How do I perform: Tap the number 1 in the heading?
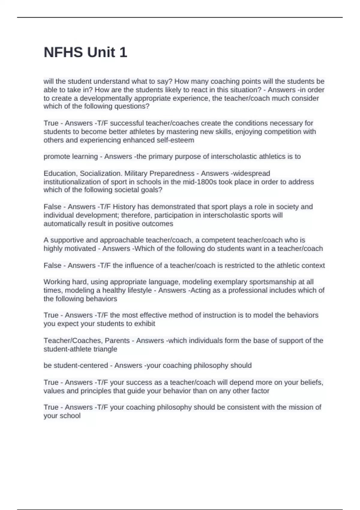[123, 52]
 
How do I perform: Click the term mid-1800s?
[199, 182]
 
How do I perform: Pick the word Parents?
[117, 341]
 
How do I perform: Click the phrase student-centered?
[76, 365]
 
